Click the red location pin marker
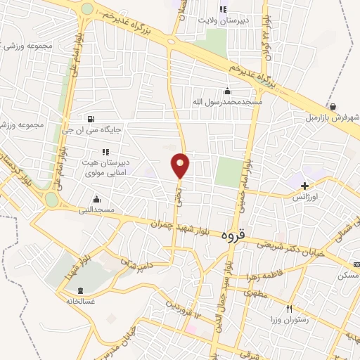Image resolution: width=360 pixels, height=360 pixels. coord(181,165)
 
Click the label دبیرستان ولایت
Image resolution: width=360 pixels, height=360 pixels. coord(223,21)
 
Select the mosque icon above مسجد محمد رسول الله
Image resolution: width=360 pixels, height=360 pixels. coord(226,91)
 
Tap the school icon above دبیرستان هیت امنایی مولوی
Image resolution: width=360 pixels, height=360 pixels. coord(105,151)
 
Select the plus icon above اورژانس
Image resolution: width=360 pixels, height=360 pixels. coord(304,186)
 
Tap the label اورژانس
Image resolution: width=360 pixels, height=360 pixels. coord(304,198)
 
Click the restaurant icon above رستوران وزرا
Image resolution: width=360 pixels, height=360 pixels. coord(289,309)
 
